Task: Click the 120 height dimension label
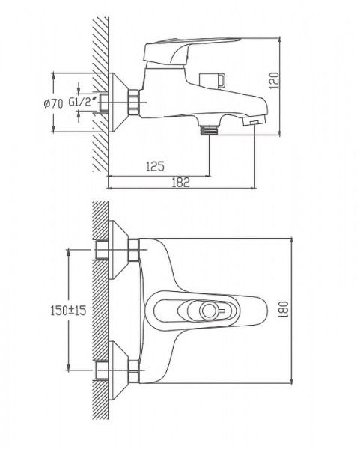coord(274,80)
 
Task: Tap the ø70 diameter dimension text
coord(54,103)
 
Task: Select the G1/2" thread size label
coord(82,102)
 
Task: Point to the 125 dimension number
coord(155,166)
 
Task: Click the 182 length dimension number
coord(180,182)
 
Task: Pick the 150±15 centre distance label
coord(68,310)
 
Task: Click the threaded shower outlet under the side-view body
coord(209,129)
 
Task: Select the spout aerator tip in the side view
coord(254,121)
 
